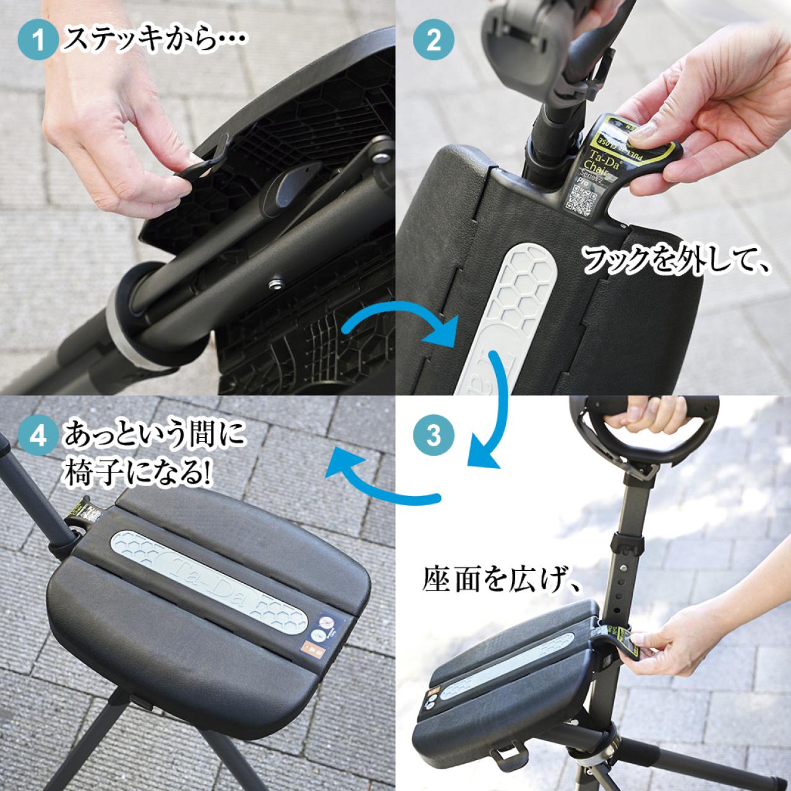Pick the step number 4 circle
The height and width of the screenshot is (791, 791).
tap(39, 435)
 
